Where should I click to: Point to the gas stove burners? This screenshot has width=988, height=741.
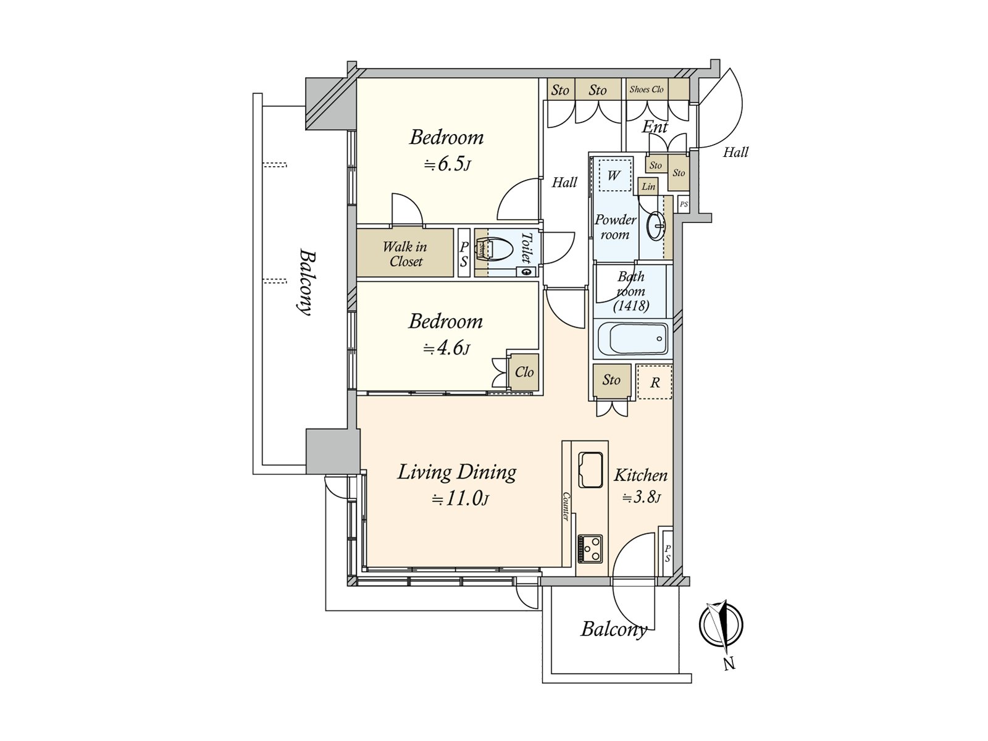pos(590,548)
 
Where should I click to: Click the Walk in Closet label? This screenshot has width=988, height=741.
pos(405,254)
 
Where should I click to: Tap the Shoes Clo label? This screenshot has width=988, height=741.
pos(647,89)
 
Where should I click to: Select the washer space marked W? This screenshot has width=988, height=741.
pos(614,175)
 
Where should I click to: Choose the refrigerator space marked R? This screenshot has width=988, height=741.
pos(655,382)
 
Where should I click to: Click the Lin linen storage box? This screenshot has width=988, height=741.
pos(648,186)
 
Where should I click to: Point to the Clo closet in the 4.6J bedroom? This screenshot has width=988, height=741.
pos(524,372)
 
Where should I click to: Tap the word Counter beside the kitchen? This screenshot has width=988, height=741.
pos(566,506)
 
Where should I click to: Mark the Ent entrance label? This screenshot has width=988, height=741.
pos(655,127)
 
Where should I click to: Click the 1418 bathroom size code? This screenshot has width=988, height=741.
pos(631,306)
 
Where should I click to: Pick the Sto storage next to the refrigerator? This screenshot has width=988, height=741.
pos(611,381)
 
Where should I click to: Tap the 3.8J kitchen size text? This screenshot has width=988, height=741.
pos(642,498)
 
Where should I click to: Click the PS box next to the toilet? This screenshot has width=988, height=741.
pos(464,254)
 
